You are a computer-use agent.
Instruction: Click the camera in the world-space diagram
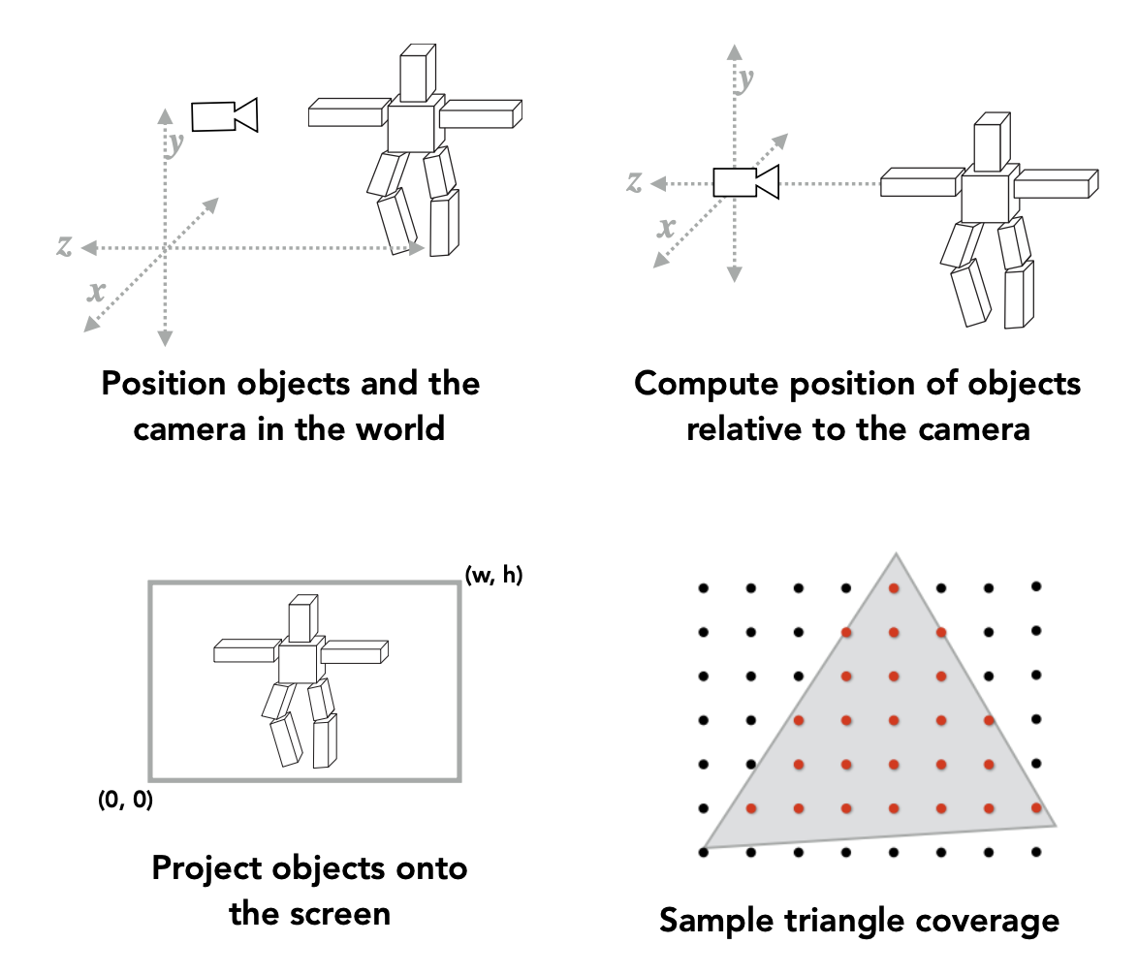pyautogui.click(x=224, y=115)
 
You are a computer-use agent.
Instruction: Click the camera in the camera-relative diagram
pyautogui.click(x=745, y=182)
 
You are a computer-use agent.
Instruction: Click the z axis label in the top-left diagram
pyautogui.click(x=65, y=246)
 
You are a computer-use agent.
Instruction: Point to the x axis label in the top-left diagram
pyautogui.click(x=96, y=291)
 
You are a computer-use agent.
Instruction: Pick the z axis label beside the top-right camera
pyautogui.click(x=635, y=181)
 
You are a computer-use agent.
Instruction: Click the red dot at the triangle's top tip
pyautogui.click(x=894, y=587)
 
